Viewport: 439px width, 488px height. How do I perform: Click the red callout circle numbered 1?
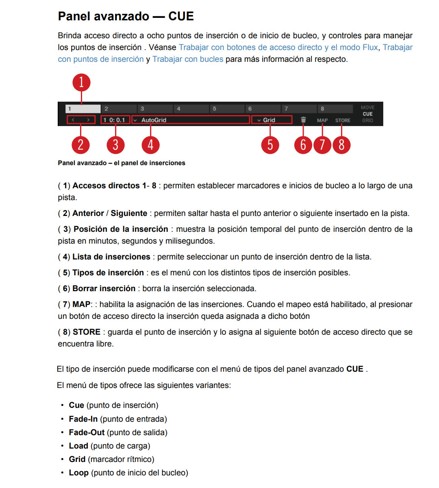(x=81, y=82)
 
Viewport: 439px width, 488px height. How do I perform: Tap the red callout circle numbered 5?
(x=270, y=145)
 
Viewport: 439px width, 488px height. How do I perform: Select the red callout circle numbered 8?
(x=341, y=145)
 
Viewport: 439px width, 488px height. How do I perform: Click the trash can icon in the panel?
(x=303, y=120)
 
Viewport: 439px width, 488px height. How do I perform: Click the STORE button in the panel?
(x=343, y=120)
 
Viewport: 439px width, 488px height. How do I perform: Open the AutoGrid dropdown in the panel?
(x=190, y=120)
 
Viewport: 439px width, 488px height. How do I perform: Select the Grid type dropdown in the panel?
(x=272, y=120)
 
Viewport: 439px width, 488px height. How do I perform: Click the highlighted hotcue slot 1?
(x=83, y=109)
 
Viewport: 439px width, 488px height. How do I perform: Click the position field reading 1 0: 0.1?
(x=115, y=120)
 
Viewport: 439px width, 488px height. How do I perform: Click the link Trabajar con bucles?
(x=188, y=59)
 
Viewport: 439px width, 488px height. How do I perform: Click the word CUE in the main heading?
(x=181, y=16)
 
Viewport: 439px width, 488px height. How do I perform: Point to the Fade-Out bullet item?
(x=118, y=432)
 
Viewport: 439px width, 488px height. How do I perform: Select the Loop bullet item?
(x=128, y=473)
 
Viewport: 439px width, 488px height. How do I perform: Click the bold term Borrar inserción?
(x=104, y=288)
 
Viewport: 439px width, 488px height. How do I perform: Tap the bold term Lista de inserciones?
(x=111, y=257)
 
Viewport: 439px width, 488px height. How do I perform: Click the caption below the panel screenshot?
(x=122, y=163)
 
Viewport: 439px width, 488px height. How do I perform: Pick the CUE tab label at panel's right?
(x=367, y=114)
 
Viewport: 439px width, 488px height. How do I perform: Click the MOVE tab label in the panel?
(x=367, y=108)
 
